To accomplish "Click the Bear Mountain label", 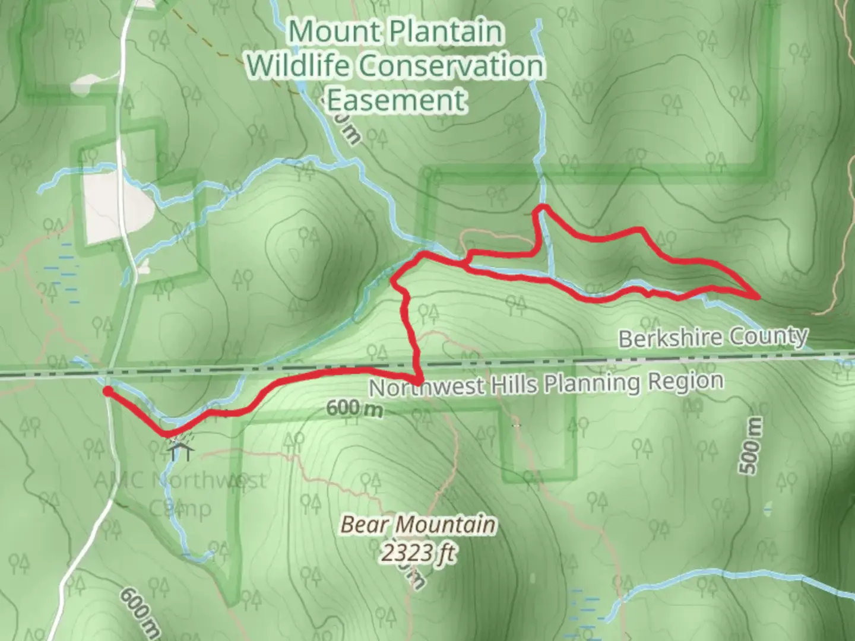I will (x=417, y=525).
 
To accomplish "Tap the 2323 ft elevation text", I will (x=417, y=553).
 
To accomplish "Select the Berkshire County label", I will (x=712, y=338).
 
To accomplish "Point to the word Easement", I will (x=396, y=100).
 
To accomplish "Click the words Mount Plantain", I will (x=395, y=31).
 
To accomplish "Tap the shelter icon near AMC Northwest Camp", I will (x=180, y=449).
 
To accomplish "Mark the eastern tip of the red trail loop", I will (x=758, y=296).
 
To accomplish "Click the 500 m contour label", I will (x=752, y=445).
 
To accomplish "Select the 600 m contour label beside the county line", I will (x=354, y=408).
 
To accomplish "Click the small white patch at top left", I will (x=87, y=84).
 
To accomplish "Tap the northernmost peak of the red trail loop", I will (x=541, y=208).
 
